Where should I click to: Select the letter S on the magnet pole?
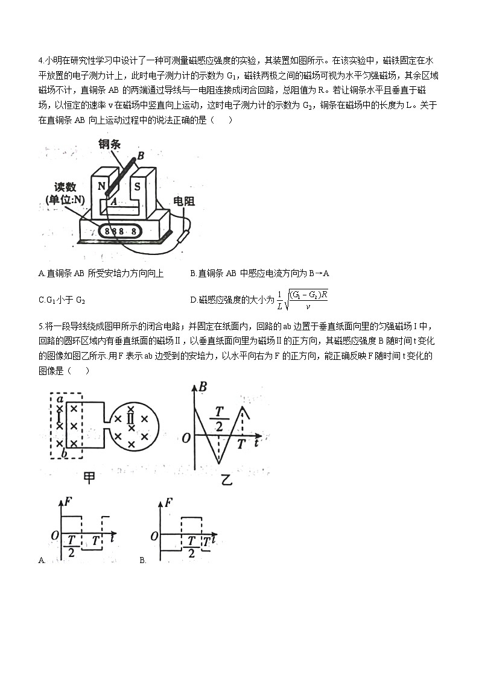pyautogui.click(x=137, y=186)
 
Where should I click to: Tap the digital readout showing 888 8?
pyautogui.click(x=121, y=231)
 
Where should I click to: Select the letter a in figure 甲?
pyautogui.click(x=60, y=398)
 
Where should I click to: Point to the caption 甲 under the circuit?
pyautogui.click(x=89, y=477)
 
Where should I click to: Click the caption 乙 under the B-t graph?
pyautogui.click(x=226, y=479)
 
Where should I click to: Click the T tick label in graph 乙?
pyautogui.click(x=241, y=444)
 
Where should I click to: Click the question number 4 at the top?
pyautogui.click(x=40, y=61)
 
